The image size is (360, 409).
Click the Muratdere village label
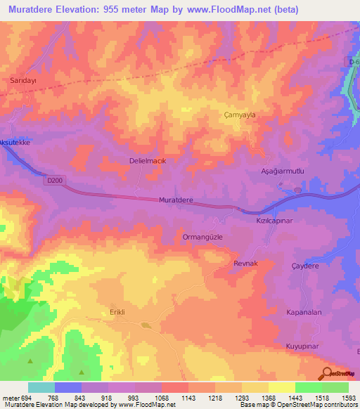click(x=176, y=200)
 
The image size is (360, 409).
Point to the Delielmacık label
click(x=147, y=160)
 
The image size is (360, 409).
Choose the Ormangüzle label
click(x=202, y=237)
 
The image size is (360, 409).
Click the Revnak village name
click(x=247, y=263)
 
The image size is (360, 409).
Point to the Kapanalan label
click(x=304, y=311)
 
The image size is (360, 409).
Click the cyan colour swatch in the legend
click(x=41, y=387)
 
